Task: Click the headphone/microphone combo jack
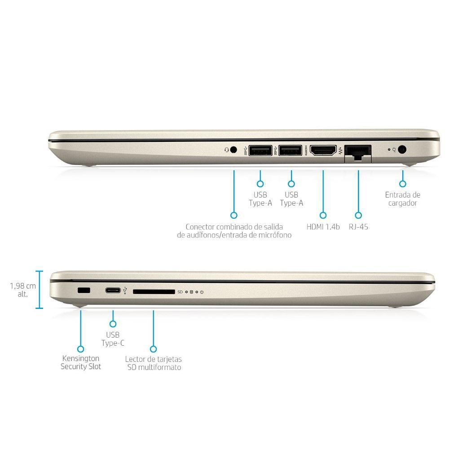click(233, 150)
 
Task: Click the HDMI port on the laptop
click(323, 150)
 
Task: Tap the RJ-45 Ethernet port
click(358, 151)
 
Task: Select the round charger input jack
click(402, 150)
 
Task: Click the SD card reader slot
click(154, 291)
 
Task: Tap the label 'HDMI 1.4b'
click(323, 227)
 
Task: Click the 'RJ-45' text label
click(358, 227)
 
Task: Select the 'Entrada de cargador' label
click(403, 199)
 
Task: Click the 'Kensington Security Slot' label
click(81, 363)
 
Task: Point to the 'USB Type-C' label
click(113, 339)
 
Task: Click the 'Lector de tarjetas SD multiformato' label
click(154, 363)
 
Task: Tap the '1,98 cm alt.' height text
click(20, 290)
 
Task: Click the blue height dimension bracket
click(40, 290)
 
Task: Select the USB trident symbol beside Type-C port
click(124, 291)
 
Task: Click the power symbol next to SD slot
click(202, 292)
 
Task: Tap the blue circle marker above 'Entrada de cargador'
click(403, 184)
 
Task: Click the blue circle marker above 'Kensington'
click(81, 348)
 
